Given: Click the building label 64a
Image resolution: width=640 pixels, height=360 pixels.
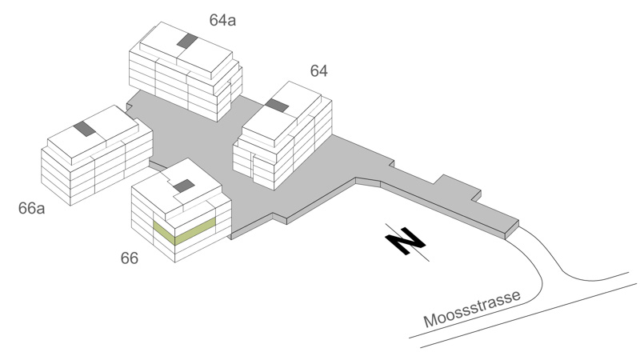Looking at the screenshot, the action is coord(222,20).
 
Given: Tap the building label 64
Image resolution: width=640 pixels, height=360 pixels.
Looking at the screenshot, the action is coord(318,71).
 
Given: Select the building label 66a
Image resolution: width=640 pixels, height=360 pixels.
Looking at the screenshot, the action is coord(31,208).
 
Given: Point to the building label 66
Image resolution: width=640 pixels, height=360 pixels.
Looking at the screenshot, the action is coord(130,258).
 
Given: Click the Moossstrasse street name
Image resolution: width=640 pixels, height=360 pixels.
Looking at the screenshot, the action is coord(472,309).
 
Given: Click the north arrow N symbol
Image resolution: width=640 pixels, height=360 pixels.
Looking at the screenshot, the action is coord(406,241).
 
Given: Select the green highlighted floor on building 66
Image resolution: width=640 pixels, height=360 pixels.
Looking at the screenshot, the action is coord(185,231).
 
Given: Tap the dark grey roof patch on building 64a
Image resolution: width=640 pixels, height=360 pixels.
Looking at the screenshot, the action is coord(187,41).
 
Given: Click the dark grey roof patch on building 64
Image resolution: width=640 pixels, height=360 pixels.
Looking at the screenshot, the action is coord(277,106).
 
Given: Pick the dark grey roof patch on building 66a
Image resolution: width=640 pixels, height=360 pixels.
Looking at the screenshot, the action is coord(86,129).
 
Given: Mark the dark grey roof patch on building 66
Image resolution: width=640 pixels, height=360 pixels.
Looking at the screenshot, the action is coord(184,186).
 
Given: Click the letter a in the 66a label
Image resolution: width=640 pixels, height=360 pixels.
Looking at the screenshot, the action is coord(41,210).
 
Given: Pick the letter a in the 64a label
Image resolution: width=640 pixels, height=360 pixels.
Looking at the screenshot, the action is coord(232,22).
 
